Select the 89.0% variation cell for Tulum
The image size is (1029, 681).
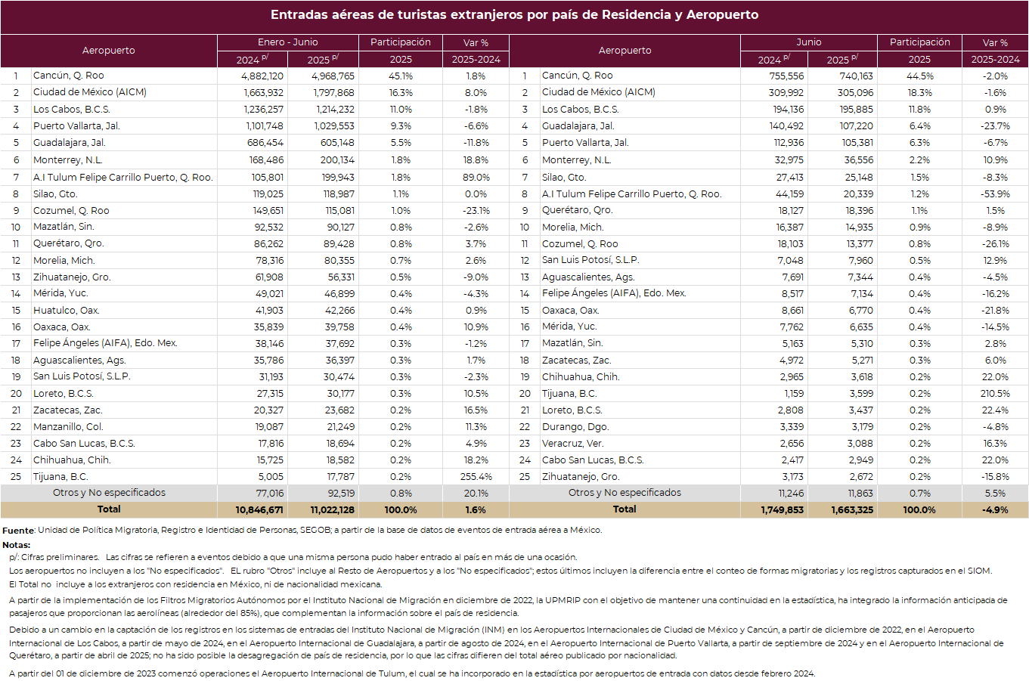point(476,178)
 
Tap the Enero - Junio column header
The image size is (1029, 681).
point(287,42)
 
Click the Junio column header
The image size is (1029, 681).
point(808,42)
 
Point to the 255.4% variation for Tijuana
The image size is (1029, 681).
point(476,477)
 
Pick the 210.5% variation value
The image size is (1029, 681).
point(995,394)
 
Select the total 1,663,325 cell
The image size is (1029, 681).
point(852,509)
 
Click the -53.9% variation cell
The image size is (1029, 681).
point(995,193)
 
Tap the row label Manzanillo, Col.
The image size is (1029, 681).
point(68,426)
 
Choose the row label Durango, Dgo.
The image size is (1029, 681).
point(575,426)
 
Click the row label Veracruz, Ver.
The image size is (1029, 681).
point(572,444)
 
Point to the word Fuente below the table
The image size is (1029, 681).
point(18,531)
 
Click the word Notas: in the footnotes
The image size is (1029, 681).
point(16,545)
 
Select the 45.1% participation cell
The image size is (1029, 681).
point(401,76)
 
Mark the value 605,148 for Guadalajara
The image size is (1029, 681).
point(337,143)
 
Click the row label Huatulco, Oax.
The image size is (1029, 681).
point(66,311)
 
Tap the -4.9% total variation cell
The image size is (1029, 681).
point(995,509)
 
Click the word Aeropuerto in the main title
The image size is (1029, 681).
point(722,14)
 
